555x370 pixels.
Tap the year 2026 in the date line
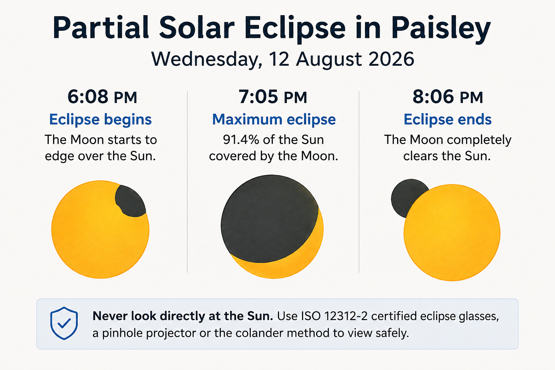click(x=391, y=59)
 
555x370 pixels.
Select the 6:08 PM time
click(x=102, y=96)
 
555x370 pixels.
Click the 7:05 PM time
click(x=273, y=96)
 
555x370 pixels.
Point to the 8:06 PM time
click(x=448, y=96)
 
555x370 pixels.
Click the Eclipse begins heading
click(x=100, y=120)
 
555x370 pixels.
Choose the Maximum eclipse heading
click(x=274, y=120)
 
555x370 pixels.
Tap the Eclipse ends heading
click(x=447, y=120)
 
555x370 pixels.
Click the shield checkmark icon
click(x=64, y=323)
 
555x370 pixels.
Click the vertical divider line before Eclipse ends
click(x=359, y=182)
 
